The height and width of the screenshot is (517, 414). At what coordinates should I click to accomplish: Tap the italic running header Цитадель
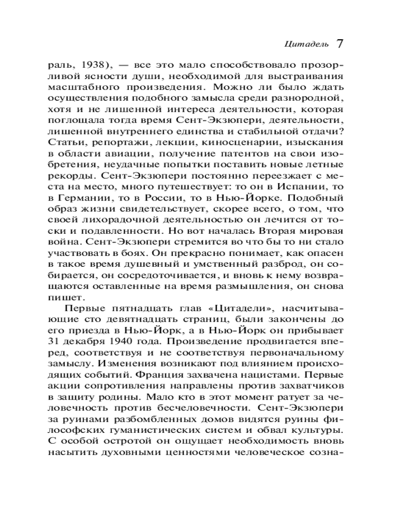click(306, 44)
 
